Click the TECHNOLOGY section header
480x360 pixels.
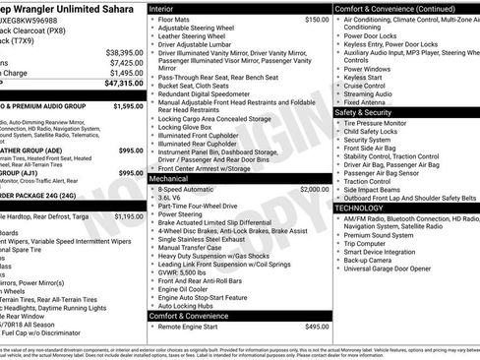click(363, 209)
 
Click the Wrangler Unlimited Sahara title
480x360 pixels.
click(59, 8)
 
